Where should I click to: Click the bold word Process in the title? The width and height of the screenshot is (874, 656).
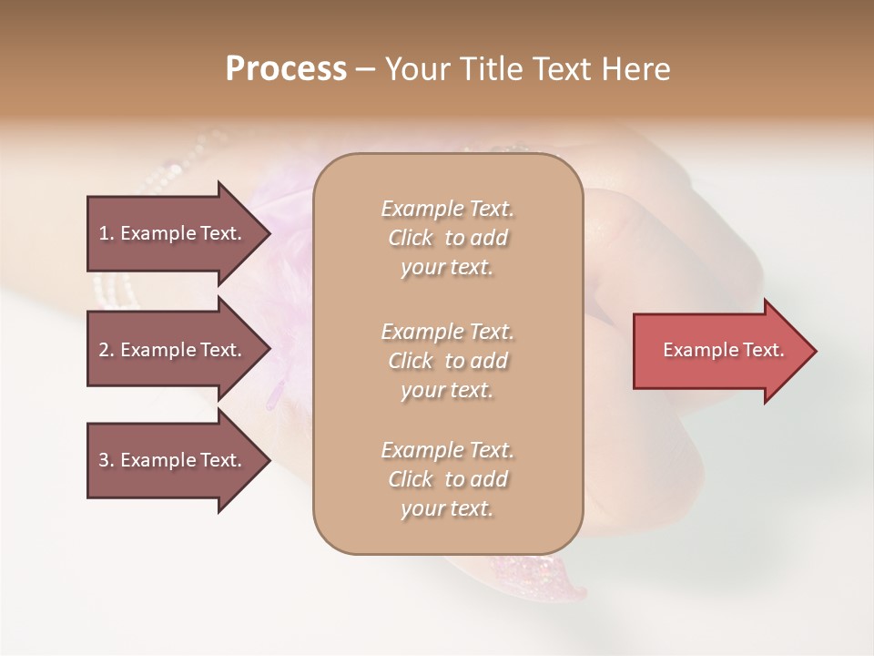pyautogui.click(x=286, y=69)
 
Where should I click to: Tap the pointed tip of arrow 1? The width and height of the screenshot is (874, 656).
pyautogui.click(x=269, y=233)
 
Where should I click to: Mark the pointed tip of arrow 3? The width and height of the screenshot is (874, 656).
pyautogui.click(x=269, y=460)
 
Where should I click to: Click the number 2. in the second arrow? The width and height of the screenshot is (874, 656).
pyautogui.click(x=107, y=350)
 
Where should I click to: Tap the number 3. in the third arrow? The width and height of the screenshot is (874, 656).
pyautogui.click(x=107, y=460)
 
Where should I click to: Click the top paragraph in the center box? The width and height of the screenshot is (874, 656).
pyautogui.click(x=447, y=238)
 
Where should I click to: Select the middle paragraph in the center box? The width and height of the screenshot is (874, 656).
pyautogui.click(x=447, y=361)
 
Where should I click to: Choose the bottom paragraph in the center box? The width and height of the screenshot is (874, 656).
pyautogui.click(x=447, y=479)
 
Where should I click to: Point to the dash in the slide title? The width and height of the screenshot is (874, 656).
pyautogui.click(x=365, y=69)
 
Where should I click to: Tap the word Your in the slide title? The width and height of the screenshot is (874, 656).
pyautogui.click(x=415, y=69)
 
